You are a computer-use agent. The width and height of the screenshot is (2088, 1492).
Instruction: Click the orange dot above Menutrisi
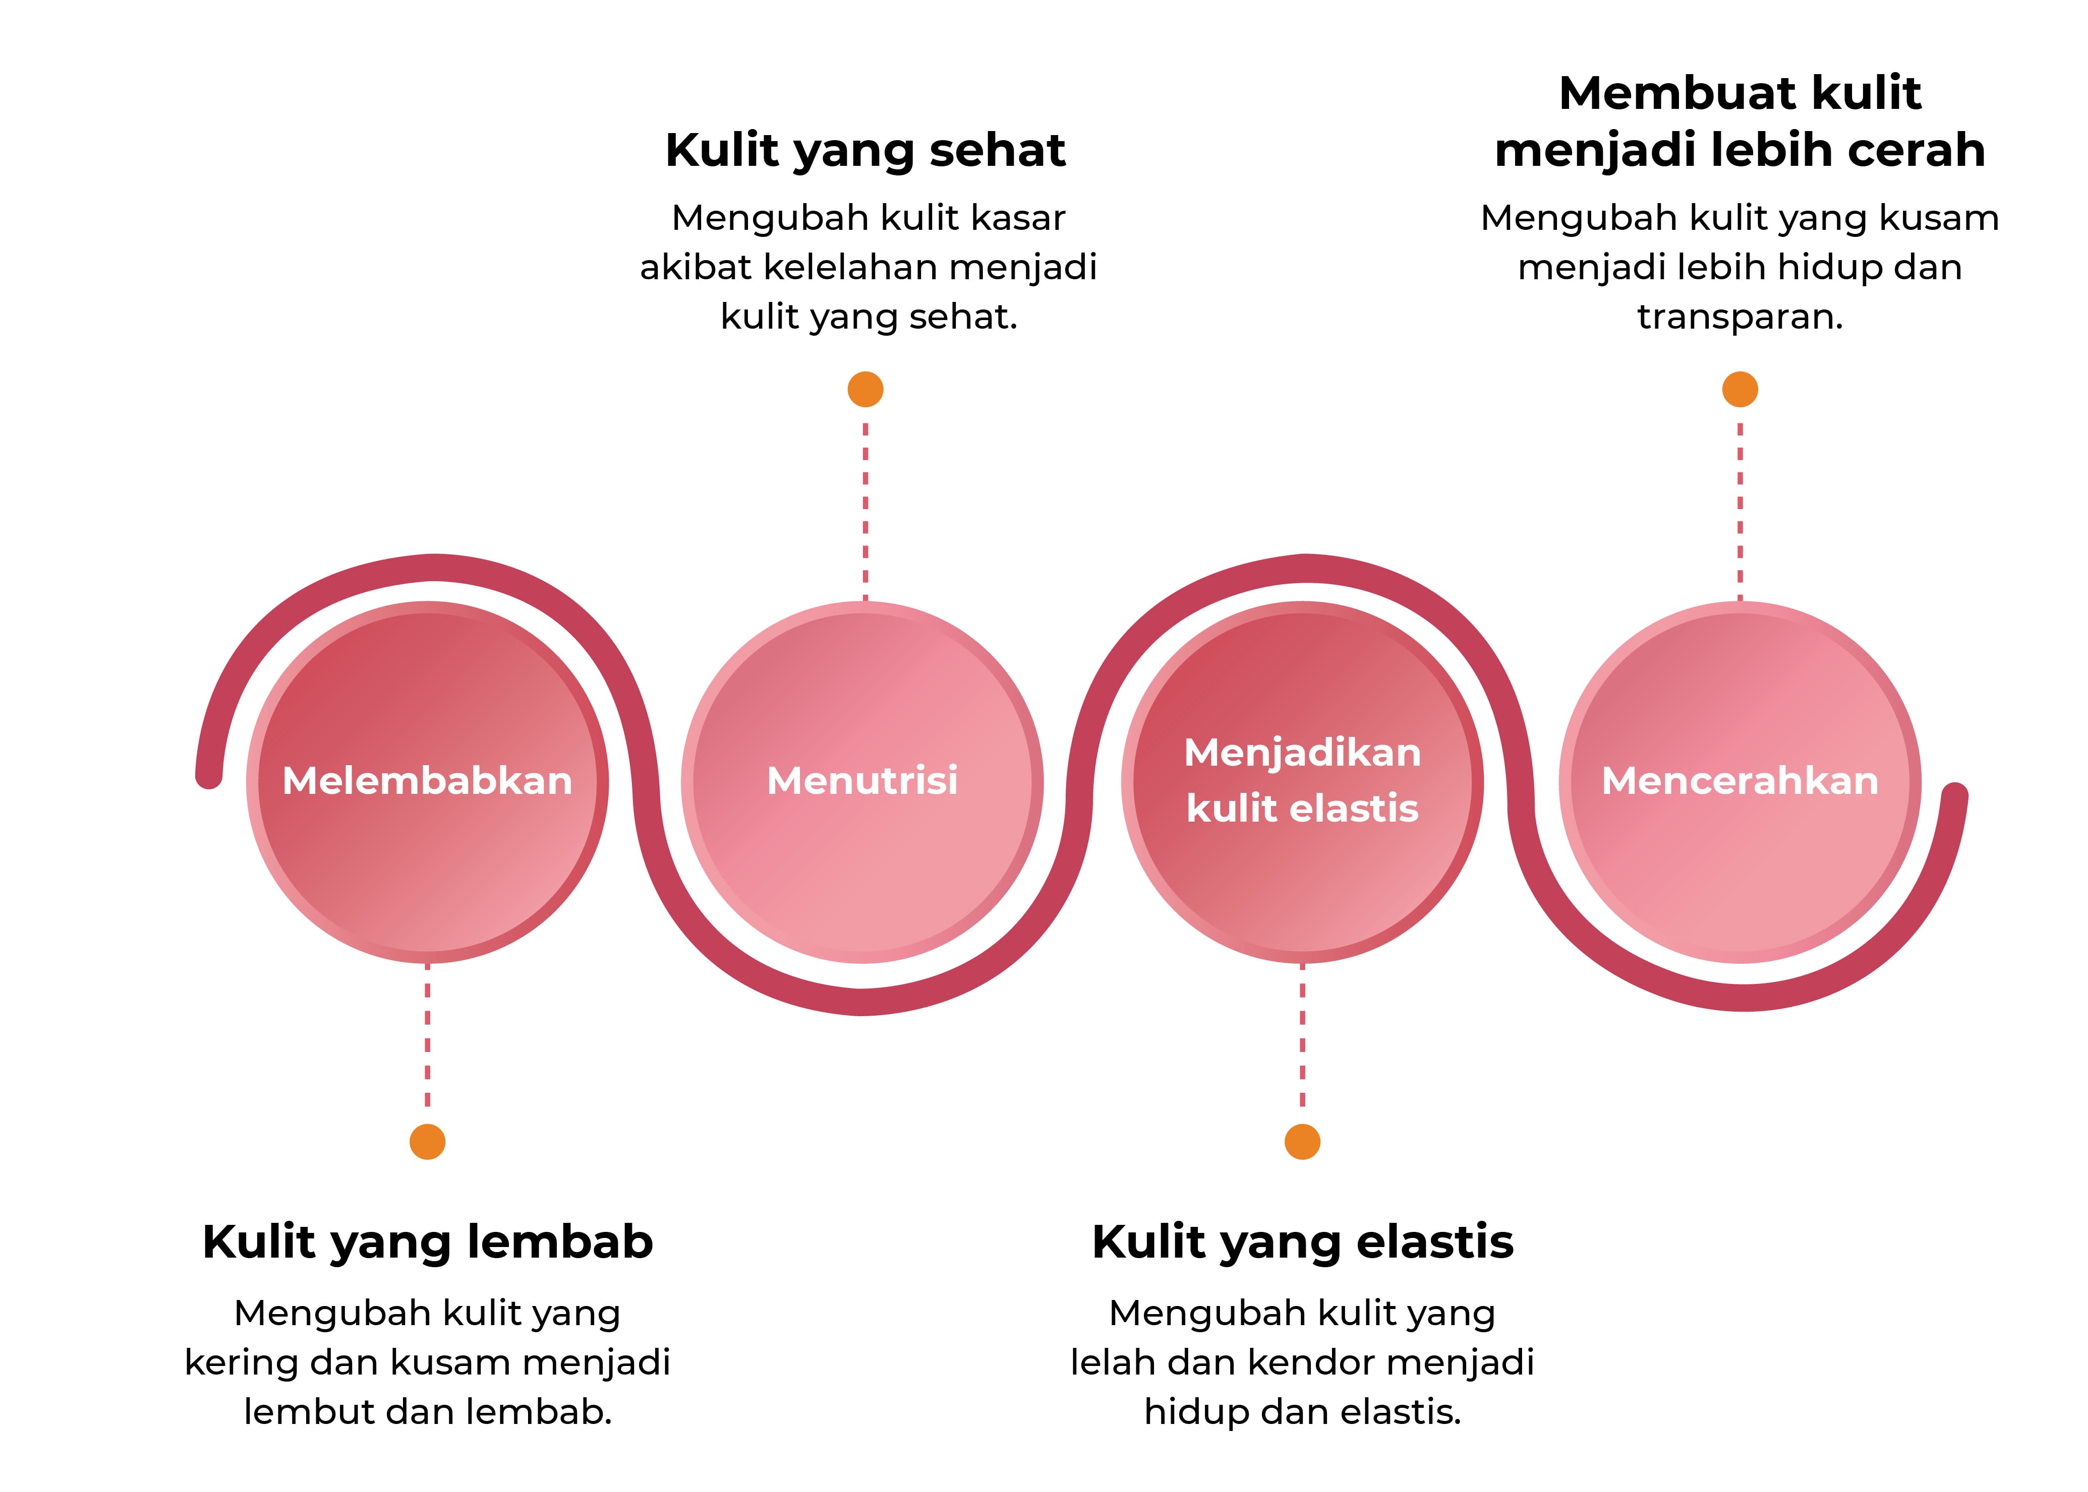[865, 390]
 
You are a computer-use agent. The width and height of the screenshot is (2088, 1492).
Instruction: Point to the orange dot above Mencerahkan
[1739, 390]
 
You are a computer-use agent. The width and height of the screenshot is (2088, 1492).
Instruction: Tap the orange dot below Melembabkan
[427, 1142]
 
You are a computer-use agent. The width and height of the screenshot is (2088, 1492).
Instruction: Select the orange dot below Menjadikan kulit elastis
[1302, 1142]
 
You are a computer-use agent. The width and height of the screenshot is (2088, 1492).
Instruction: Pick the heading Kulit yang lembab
[427, 1242]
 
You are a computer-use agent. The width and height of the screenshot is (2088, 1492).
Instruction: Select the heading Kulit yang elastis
[1302, 1242]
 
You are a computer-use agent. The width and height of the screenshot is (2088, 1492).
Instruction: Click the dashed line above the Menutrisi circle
[865, 510]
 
